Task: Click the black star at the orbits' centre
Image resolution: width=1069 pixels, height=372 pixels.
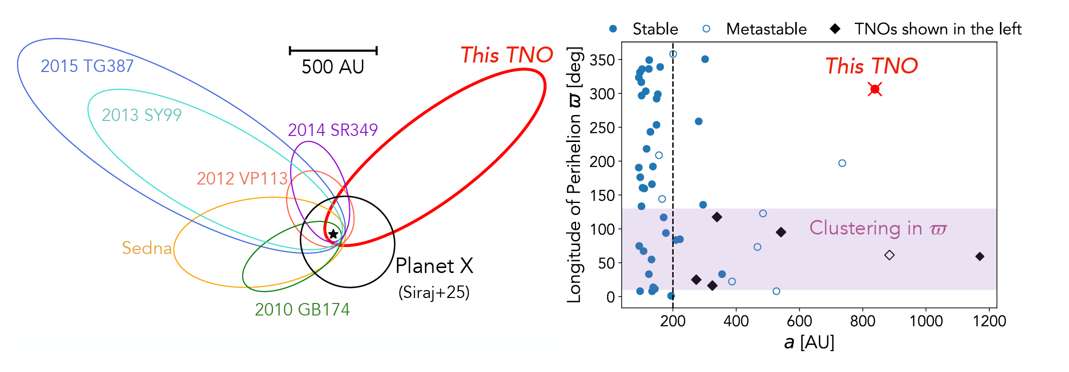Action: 333,234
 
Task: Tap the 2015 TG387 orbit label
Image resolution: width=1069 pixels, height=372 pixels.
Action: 87,66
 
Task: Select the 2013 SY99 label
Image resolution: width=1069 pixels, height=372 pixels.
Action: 142,115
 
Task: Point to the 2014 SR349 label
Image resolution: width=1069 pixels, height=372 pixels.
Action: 333,130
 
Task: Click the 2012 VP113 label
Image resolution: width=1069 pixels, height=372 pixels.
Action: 242,178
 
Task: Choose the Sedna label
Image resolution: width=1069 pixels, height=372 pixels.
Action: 147,248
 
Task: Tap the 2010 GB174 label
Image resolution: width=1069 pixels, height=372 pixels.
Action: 302,309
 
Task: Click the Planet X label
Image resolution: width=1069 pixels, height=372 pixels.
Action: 434,266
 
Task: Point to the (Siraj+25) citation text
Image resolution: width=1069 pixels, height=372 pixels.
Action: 434,292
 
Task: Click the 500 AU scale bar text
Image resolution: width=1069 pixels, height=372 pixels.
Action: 333,66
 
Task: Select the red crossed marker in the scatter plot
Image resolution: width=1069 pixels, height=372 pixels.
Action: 875,89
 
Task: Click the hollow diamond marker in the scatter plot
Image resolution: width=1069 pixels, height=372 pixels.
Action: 889,255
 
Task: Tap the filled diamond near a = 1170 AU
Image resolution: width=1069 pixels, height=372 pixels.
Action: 980,256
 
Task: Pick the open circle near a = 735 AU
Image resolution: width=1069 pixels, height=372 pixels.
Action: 842,163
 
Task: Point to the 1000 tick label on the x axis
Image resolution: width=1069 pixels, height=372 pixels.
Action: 926,321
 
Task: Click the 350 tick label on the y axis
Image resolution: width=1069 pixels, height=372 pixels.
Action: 602,60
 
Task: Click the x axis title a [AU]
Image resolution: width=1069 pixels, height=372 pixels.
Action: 809,342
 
